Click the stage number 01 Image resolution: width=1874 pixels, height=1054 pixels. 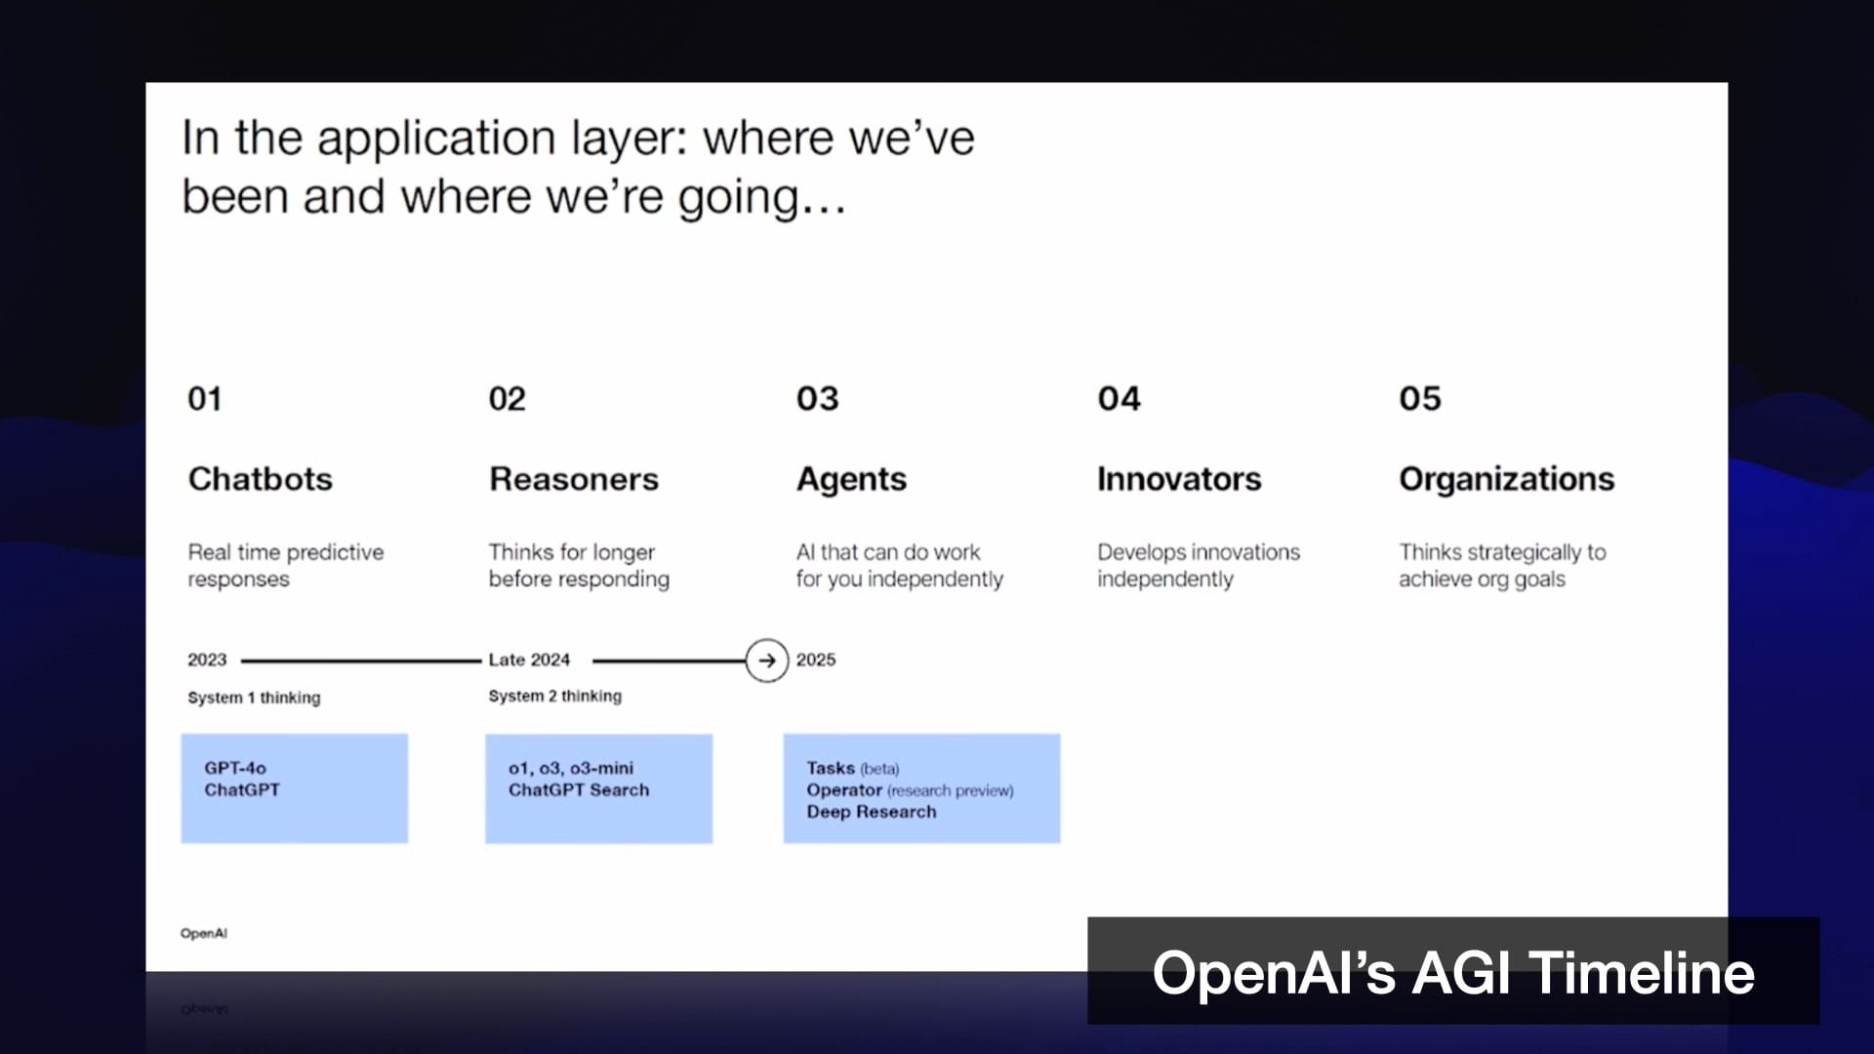click(x=204, y=398)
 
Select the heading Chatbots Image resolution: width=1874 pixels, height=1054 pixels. click(x=260, y=478)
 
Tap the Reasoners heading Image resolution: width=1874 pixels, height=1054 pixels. click(x=574, y=478)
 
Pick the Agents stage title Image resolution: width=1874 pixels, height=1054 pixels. click(x=851, y=479)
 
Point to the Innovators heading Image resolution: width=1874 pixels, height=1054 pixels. click(x=1179, y=478)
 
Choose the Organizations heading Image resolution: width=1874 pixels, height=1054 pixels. click(x=1506, y=479)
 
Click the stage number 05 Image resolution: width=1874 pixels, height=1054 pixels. click(x=1419, y=398)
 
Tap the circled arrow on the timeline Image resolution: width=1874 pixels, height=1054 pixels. click(x=767, y=661)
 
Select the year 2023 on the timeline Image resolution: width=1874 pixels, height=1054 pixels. click(x=207, y=660)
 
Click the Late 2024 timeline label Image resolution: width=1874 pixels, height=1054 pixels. click(x=529, y=660)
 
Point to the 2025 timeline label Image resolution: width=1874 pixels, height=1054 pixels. click(x=816, y=660)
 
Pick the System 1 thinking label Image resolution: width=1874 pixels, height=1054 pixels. click(x=254, y=698)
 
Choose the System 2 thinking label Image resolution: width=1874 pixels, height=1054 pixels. click(x=554, y=696)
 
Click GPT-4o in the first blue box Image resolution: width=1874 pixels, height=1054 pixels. click(x=235, y=768)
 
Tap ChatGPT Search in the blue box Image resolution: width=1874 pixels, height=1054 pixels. click(x=579, y=790)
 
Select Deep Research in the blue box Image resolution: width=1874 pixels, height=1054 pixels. click(x=871, y=812)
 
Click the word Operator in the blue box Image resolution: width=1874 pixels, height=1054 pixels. click(x=844, y=790)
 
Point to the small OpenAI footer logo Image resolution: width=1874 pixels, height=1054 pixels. click(x=204, y=933)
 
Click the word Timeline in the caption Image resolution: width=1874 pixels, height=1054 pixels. click(x=1642, y=973)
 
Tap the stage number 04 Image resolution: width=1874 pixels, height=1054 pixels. click(x=1119, y=398)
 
